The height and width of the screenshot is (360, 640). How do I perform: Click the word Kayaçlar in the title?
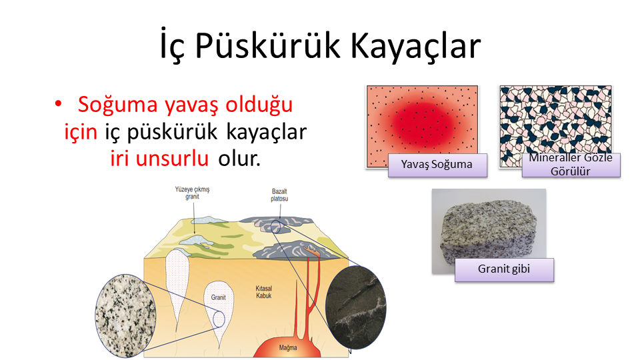pos(415,45)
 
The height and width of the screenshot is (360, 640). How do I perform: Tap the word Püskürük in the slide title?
pos(267,45)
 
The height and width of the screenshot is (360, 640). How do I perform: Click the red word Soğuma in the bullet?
pos(117,105)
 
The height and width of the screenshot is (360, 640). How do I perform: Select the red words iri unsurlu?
pos(159,159)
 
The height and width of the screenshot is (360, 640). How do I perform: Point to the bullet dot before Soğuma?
pos(59,104)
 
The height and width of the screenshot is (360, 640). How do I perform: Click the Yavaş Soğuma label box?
pos(437,165)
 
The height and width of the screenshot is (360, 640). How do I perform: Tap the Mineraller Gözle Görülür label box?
pos(571,165)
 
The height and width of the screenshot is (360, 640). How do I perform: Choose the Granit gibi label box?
pos(504,270)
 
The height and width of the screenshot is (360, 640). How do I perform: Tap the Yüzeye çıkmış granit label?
pos(192,193)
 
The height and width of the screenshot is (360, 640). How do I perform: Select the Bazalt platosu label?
pos(279,195)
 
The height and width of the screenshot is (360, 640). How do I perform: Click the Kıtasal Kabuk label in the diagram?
pos(264,292)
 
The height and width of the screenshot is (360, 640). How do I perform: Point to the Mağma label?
pos(288,348)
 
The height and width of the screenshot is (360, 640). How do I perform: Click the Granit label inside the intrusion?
pos(219,297)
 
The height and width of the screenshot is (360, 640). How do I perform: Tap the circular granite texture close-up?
pos(126,315)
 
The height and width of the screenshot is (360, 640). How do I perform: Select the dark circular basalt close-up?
pos(356,307)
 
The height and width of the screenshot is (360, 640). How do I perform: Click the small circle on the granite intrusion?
pos(219,319)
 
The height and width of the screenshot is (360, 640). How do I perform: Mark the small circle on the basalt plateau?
pos(276,227)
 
